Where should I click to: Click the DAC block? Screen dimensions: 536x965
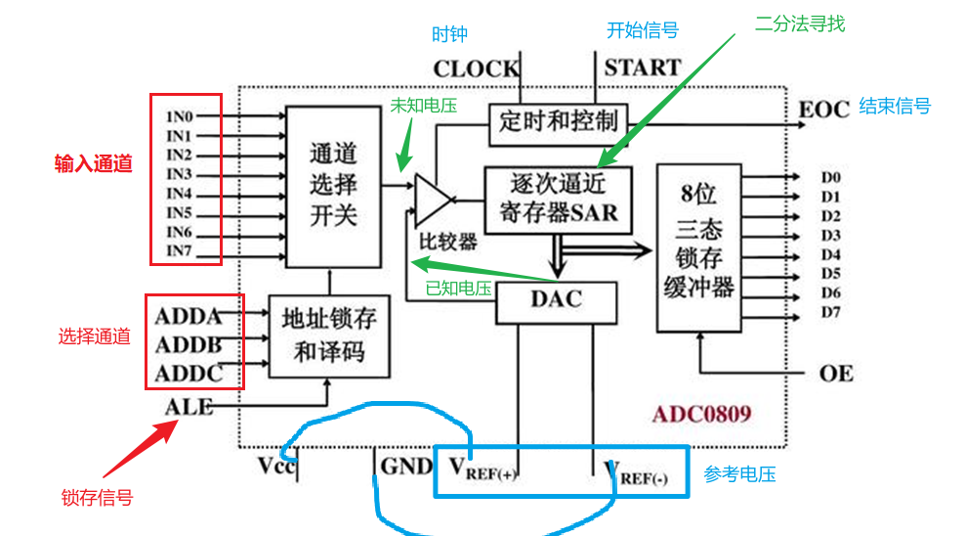pyautogui.click(x=556, y=302)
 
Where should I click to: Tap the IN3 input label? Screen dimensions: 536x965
pyautogui.click(x=179, y=174)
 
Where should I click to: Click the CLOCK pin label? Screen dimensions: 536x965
pyautogui.click(x=476, y=68)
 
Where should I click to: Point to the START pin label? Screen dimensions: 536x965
pyautogui.click(x=642, y=68)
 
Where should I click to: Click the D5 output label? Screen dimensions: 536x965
pyautogui.click(x=830, y=274)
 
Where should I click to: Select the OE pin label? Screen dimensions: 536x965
pyautogui.click(x=836, y=373)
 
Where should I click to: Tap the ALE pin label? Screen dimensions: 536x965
pyautogui.click(x=189, y=406)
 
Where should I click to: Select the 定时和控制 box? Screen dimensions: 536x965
pyautogui.click(x=558, y=121)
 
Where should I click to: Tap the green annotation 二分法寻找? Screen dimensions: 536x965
pyautogui.click(x=800, y=24)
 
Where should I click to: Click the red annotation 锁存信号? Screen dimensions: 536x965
pyautogui.click(x=97, y=498)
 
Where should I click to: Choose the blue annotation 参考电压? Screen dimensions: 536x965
pyautogui.click(x=739, y=474)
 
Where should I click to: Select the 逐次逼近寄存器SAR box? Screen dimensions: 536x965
pyautogui.click(x=558, y=198)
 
